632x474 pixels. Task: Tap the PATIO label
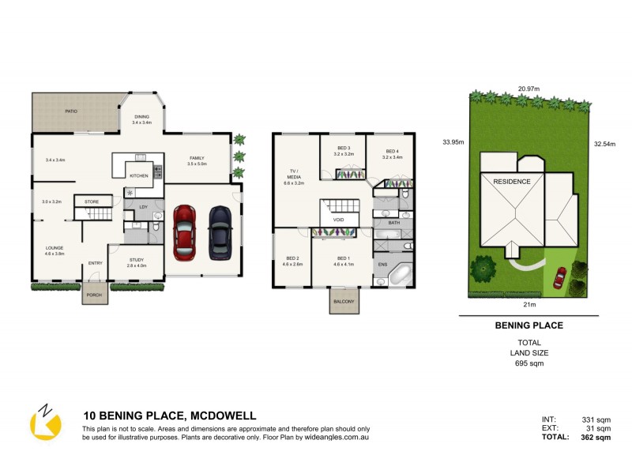point(71,111)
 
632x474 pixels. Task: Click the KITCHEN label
point(139,175)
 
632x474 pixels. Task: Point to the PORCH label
point(94,298)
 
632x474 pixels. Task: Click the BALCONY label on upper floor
point(343,301)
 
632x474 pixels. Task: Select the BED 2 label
point(292,258)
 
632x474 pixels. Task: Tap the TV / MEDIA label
point(294,175)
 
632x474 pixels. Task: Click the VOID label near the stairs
point(338,220)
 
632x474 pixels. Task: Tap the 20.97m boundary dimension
point(529,88)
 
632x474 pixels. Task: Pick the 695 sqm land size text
point(528,363)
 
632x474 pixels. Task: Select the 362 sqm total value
point(596,437)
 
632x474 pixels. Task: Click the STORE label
point(92,202)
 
